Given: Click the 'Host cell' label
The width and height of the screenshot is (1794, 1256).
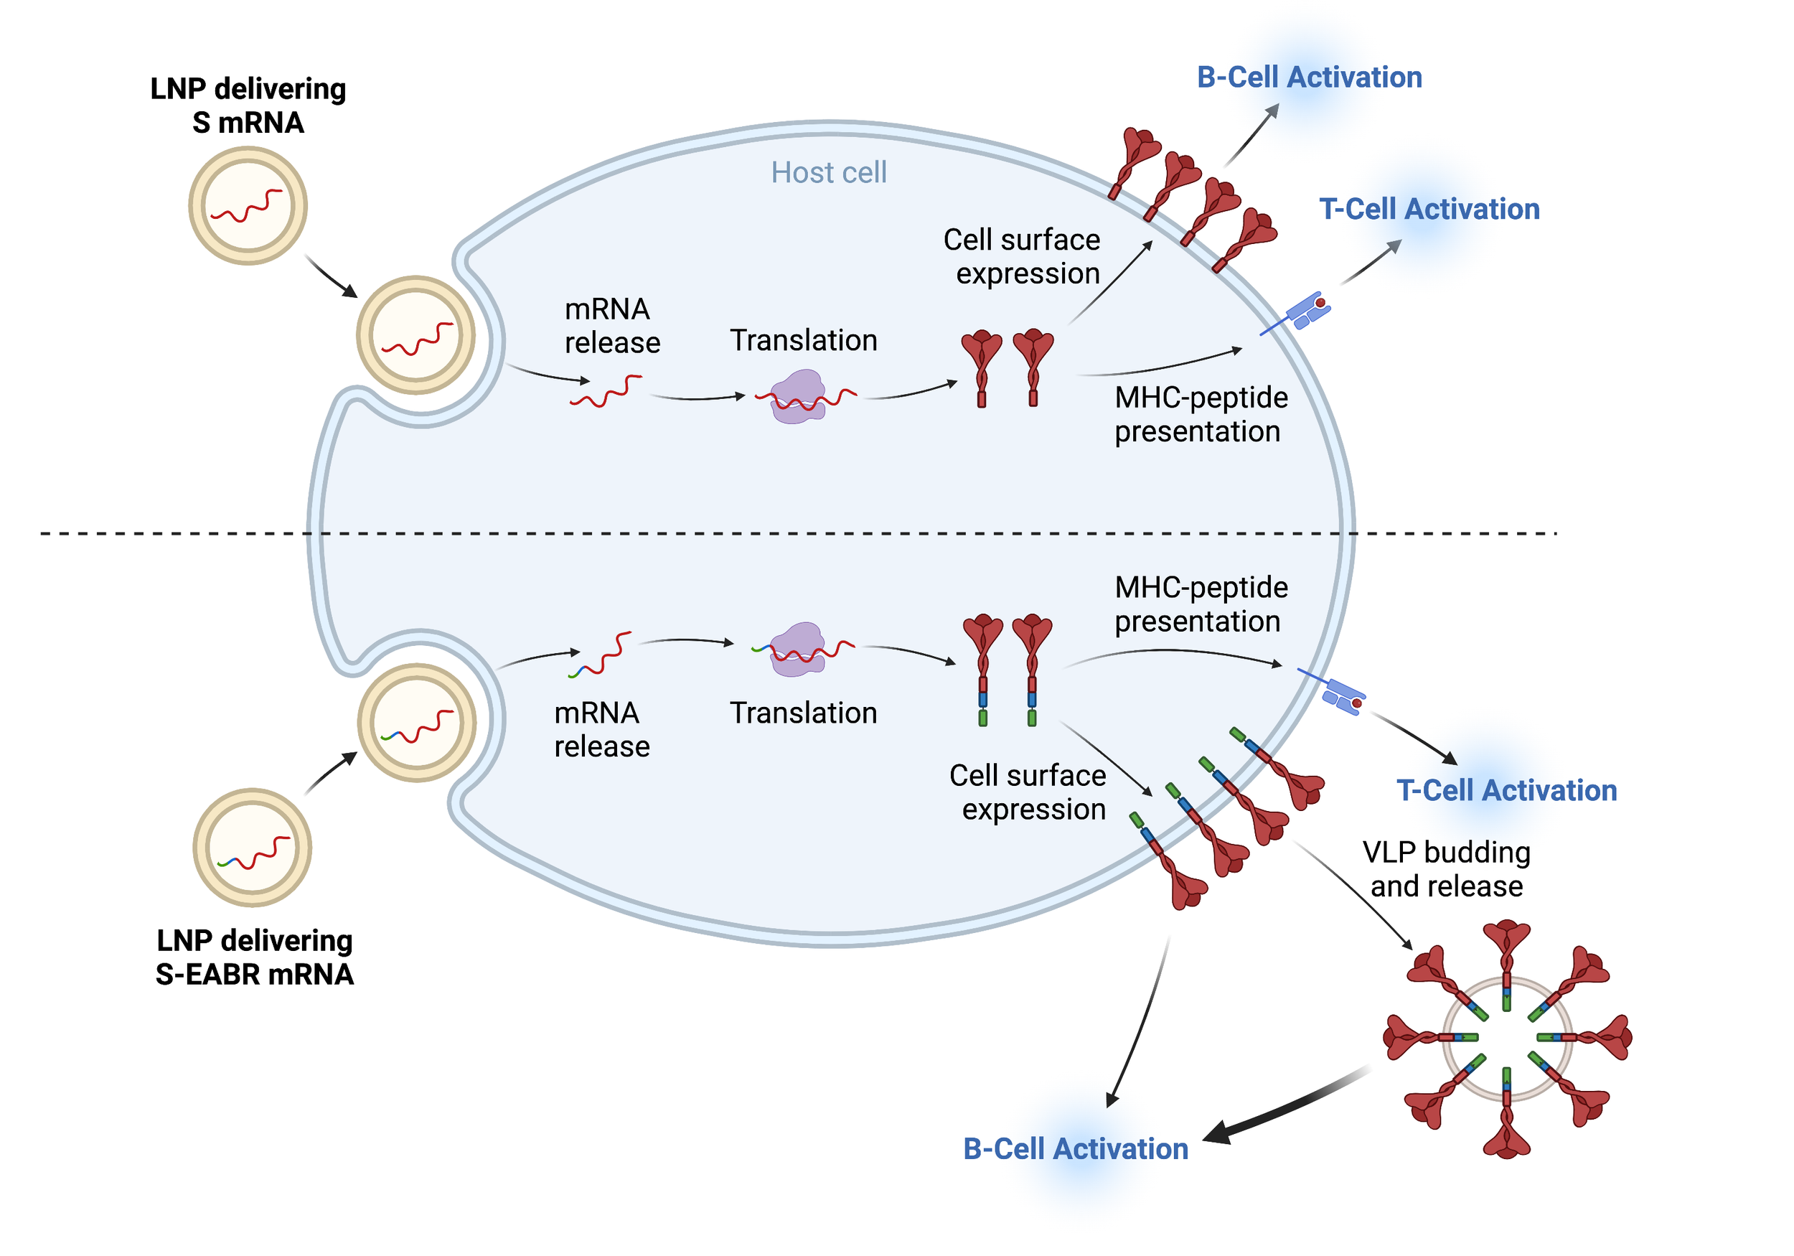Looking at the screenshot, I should click(x=828, y=173).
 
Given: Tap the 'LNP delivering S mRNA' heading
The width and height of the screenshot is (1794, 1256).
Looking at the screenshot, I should click(x=248, y=106).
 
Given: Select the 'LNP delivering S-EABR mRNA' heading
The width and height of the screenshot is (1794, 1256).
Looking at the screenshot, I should click(x=254, y=957).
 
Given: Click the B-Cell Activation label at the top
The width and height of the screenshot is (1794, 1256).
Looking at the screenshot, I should click(x=1309, y=78).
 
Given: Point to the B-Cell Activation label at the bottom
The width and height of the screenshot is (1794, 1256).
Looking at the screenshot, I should click(x=1075, y=1148).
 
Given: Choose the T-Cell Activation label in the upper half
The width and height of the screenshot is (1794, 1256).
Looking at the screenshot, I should click(x=1429, y=209).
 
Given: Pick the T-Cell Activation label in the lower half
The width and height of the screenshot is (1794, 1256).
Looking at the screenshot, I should click(x=1506, y=790).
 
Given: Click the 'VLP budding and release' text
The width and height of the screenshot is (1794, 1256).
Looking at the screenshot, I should click(x=1445, y=868).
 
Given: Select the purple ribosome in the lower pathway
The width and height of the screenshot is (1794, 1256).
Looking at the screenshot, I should click(x=797, y=648).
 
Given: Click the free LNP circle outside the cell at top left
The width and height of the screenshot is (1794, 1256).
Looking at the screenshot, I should click(x=248, y=206).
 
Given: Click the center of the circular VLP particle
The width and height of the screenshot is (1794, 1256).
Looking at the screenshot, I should click(x=1506, y=1038).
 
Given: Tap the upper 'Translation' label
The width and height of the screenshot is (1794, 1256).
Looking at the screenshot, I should click(x=803, y=341).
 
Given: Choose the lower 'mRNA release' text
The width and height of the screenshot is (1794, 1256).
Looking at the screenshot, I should click(x=601, y=729).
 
